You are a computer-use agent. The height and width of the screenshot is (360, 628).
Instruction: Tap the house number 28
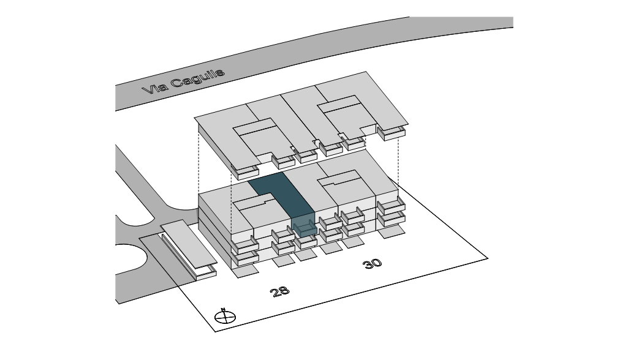[280, 291]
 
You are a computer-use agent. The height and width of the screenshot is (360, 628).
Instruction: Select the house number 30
[372, 264]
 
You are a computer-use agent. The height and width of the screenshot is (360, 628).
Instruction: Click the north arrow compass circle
[225, 317]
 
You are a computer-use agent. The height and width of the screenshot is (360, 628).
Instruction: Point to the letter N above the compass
[224, 309]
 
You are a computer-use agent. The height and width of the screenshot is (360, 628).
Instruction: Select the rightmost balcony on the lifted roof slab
[392, 132]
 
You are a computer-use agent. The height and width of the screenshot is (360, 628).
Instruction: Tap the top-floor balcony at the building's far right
[391, 206]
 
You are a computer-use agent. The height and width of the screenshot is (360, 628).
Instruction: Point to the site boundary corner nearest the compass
[215, 331]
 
